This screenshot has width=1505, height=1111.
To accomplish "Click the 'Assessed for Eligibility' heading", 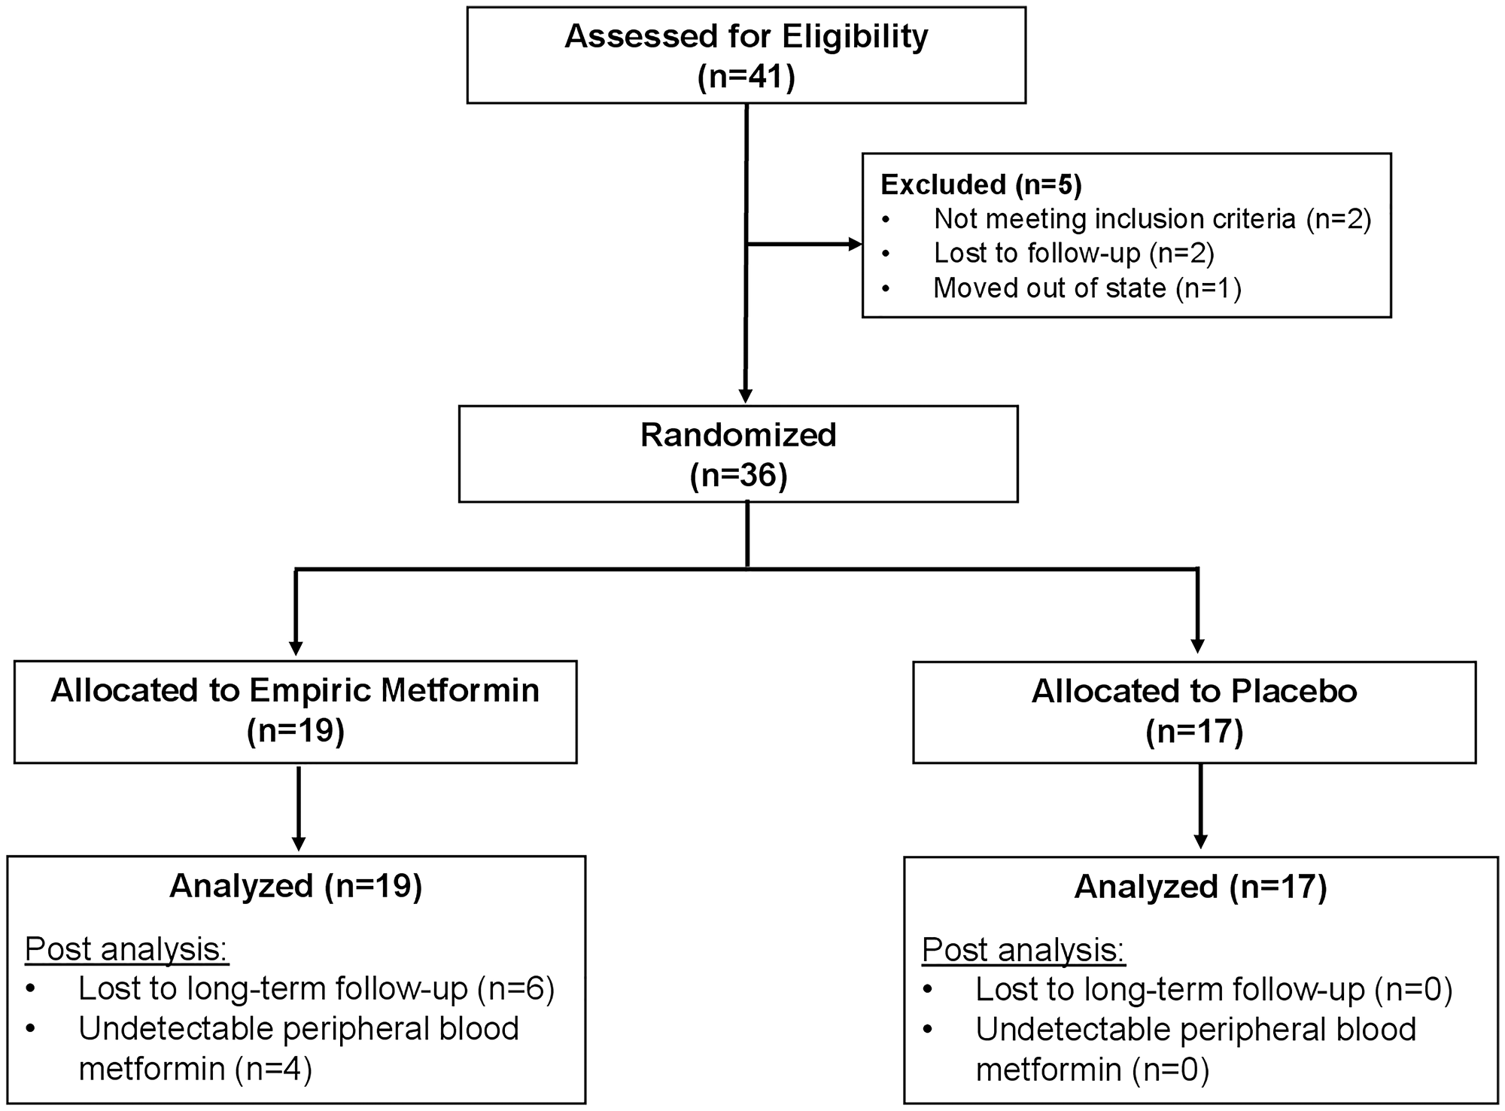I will pos(746,36).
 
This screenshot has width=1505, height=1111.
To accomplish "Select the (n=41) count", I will pos(746,77).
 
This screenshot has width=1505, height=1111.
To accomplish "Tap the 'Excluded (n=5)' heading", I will pos(981,184).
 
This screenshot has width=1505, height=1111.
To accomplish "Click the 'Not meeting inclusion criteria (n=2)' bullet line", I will pos(1152,219).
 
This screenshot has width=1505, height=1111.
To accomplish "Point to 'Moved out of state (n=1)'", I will pos(1087,288).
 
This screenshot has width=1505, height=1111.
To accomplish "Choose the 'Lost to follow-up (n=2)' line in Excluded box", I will pos(1074,254).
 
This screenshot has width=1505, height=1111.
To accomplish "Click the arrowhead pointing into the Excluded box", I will pos(855,244).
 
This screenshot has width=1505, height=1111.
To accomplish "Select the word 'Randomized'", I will pos(738,435).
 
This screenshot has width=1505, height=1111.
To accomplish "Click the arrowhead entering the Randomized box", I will pos(746,397).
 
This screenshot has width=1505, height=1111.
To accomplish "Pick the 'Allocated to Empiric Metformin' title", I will pos(295,690).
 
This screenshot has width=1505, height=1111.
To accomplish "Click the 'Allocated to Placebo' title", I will pos(1194,691).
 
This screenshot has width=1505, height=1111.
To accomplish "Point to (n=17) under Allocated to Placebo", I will pos(1194,732).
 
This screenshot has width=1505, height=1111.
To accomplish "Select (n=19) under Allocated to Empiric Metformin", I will pos(295,731).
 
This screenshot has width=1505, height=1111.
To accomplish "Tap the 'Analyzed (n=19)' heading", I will pos(296,886).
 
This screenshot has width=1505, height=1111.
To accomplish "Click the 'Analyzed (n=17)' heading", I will pos(1200,887).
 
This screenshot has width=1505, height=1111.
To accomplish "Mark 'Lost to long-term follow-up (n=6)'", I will pos(316,989).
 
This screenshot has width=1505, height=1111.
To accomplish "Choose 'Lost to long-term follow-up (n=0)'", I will pos(1213,990).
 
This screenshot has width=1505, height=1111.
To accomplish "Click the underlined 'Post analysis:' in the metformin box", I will pos(126,950).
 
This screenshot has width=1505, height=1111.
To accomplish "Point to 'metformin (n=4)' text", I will pos(195,1069).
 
